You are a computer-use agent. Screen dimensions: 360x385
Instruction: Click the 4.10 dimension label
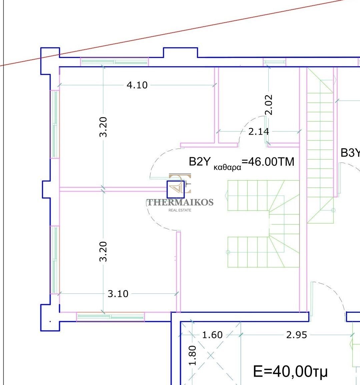[137, 85]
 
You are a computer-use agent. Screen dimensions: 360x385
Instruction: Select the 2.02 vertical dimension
[269, 105]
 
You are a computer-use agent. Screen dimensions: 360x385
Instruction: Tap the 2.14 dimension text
[259, 132]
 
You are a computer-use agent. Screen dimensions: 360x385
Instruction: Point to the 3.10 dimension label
[118, 294]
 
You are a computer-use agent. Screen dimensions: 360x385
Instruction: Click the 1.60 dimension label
[212, 335]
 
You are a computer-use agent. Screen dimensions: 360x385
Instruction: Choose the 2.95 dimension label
[297, 335]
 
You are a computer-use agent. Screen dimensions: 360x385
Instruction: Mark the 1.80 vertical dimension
[193, 355]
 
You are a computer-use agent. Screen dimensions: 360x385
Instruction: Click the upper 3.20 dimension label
[103, 127]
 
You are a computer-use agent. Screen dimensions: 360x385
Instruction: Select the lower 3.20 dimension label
[103, 252]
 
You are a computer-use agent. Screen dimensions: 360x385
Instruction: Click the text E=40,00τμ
[290, 371]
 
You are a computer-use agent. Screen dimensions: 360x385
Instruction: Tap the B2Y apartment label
[200, 162]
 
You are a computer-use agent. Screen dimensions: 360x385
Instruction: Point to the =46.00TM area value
[268, 162]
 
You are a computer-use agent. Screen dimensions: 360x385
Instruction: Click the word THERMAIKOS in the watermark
[180, 202]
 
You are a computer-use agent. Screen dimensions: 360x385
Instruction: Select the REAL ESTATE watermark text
[180, 210]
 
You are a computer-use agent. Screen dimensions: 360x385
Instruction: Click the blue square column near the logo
[175, 189]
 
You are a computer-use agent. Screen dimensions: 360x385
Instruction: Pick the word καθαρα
[228, 168]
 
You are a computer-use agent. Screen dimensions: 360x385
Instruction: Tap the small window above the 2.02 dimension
[274, 62]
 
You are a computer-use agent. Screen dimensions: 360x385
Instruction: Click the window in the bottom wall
[111, 317]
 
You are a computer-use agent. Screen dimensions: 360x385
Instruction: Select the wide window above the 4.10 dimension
[115, 62]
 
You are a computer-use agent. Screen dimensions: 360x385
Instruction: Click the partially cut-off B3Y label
[350, 153]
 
